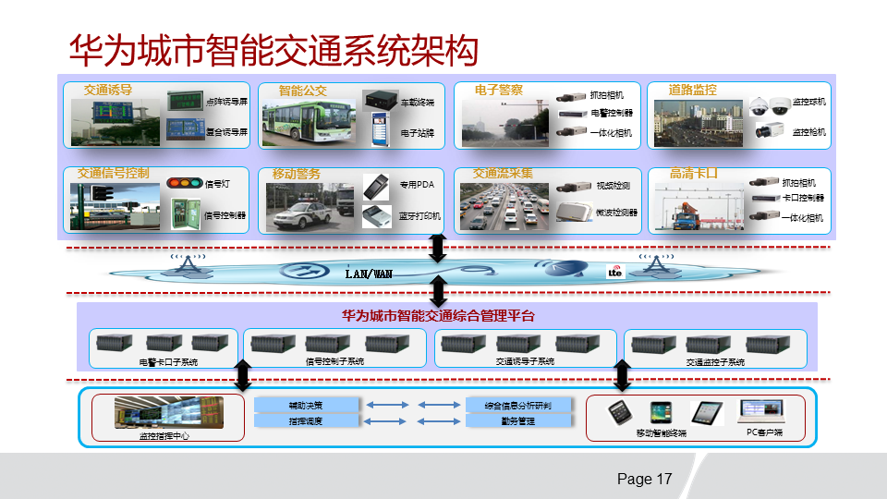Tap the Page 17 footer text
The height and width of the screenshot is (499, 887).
tap(644, 480)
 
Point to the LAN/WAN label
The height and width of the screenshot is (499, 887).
tap(369, 274)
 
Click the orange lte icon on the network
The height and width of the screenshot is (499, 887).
tap(614, 272)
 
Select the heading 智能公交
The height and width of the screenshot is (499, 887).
tap(303, 91)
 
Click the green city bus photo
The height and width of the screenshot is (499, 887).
tap(304, 125)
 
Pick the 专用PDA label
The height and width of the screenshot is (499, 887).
tap(417, 184)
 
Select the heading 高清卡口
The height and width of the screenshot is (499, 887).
tap(694, 173)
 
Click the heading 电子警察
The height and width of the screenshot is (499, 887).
tap(499, 91)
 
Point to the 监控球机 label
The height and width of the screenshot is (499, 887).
tap(809, 102)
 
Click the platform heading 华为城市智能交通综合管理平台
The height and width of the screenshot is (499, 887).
tap(439, 316)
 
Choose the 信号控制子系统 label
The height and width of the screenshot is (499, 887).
tap(334, 362)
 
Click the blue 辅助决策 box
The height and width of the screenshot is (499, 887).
tap(306, 405)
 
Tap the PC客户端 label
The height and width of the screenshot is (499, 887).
tap(764, 432)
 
